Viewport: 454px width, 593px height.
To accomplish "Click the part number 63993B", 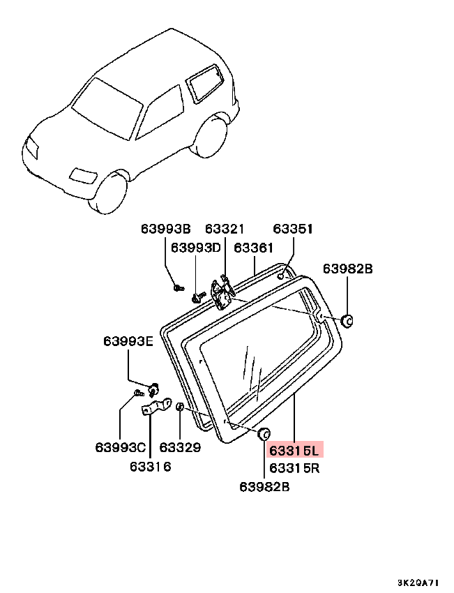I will click(x=166, y=229).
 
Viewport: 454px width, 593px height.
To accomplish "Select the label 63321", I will click(x=225, y=229).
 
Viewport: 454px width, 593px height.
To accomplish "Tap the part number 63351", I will click(x=293, y=229).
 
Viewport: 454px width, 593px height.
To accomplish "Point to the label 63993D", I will click(x=196, y=247).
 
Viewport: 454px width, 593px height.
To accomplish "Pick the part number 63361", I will click(x=255, y=247).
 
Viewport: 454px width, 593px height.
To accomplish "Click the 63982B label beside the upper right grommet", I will click(x=349, y=269).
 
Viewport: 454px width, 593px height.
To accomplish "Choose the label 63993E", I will click(x=128, y=341).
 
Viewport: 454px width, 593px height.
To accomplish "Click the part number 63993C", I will click(x=121, y=447).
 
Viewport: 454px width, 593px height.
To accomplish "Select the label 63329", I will click(x=180, y=447).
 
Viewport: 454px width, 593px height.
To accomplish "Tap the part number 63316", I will click(x=151, y=467).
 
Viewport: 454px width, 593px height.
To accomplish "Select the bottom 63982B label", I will click(x=264, y=487).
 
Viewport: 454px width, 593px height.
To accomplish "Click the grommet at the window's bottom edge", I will click(x=264, y=434).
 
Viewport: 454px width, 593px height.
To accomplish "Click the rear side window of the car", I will click(x=204, y=82).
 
